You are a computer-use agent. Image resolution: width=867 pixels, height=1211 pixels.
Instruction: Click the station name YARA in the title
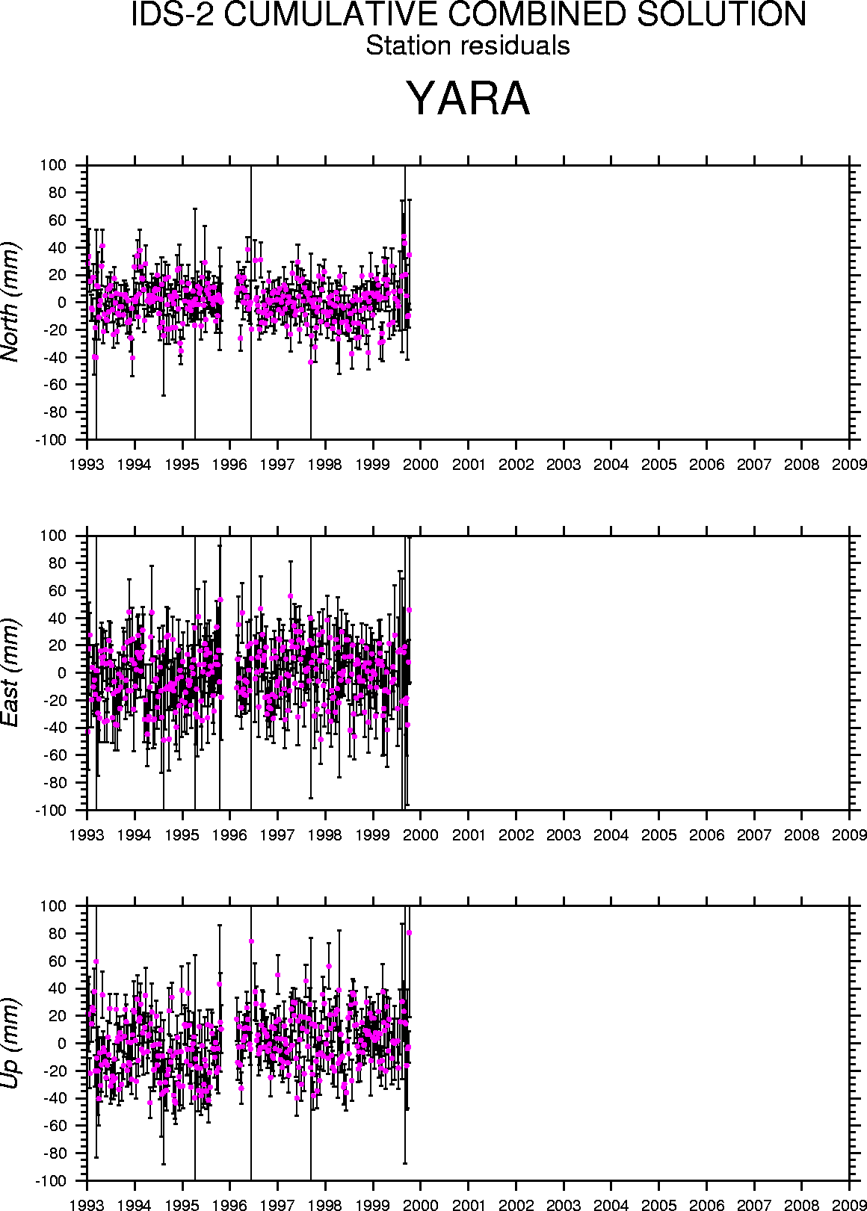point(469,99)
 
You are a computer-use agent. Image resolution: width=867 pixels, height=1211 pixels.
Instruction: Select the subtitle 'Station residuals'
point(468,46)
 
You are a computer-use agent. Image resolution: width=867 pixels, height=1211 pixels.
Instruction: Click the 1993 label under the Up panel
point(87,1205)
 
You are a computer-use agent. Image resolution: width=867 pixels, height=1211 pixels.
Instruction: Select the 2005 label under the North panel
point(659,465)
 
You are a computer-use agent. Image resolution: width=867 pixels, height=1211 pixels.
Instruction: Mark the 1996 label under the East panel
point(230,834)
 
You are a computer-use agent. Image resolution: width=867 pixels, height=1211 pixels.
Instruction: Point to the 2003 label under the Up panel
point(564,1205)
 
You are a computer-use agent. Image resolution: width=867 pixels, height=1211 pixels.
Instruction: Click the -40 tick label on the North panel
point(56,357)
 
